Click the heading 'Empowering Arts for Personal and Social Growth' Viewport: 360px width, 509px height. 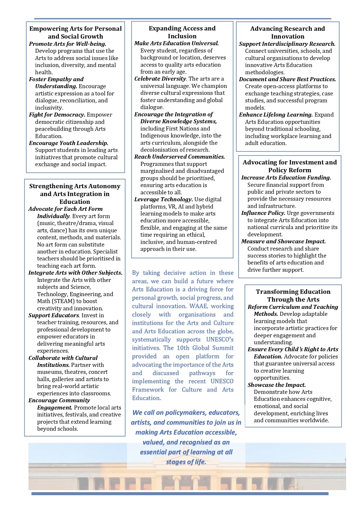75,32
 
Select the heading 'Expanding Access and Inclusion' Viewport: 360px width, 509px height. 182,32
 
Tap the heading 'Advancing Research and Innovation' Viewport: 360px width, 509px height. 287,32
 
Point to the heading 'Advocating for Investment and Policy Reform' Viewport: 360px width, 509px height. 290,166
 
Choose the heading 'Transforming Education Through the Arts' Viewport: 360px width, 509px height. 293,296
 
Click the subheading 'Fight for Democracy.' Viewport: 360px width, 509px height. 57,115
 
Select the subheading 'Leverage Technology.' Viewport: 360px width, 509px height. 164,200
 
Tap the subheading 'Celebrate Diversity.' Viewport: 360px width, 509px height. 161,79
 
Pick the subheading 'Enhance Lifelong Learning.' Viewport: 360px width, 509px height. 276,115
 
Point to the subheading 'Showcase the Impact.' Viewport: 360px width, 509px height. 277,385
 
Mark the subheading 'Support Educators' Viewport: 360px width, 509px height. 54,316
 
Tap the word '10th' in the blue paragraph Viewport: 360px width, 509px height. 183,348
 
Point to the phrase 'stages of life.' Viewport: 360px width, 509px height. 186,462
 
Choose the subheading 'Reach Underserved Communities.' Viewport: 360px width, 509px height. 180,157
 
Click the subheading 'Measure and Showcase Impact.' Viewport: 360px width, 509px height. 283,242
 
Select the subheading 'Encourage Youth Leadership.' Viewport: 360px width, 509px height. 69,143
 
